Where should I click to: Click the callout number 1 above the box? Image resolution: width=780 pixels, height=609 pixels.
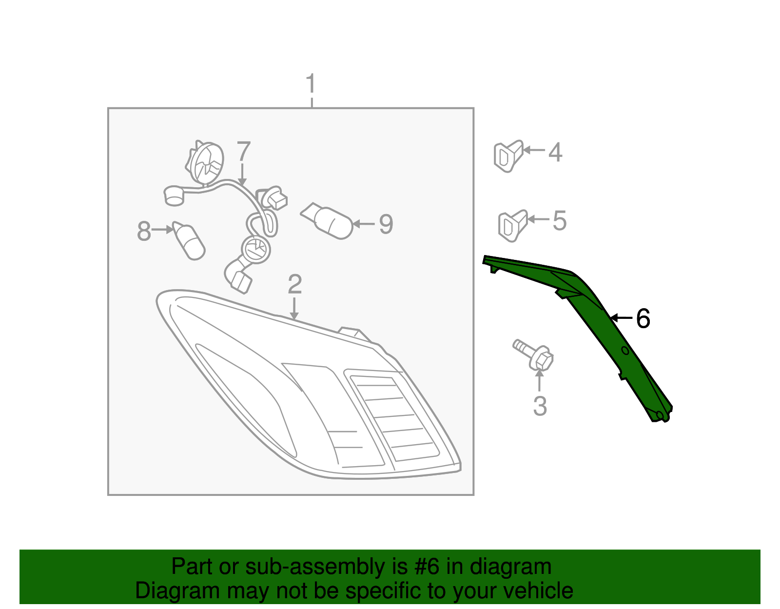click(311, 84)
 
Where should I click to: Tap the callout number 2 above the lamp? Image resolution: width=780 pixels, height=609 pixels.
click(294, 284)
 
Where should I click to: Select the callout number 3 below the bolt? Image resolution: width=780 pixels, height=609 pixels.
click(540, 406)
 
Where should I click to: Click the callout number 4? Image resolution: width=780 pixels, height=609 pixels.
click(555, 152)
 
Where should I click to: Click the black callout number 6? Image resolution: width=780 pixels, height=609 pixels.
click(643, 319)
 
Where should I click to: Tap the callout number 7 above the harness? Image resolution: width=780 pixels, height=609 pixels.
click(243, 152)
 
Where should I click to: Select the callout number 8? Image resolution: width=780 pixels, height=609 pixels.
click(144, 231)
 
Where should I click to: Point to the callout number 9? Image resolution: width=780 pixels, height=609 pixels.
click(386, 224)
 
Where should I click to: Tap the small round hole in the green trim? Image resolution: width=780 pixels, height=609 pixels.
click(625, 351)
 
